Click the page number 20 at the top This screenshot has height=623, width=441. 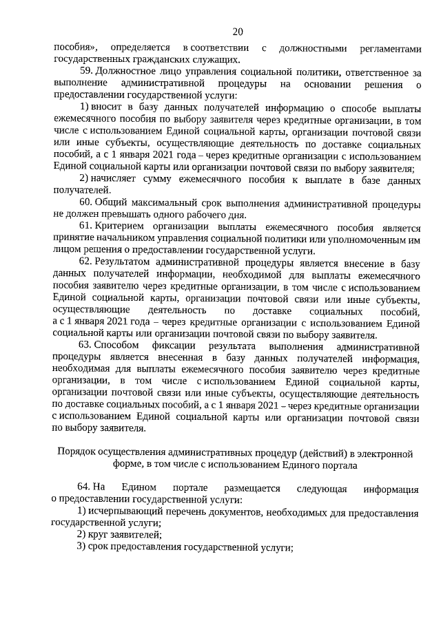pos(238,31)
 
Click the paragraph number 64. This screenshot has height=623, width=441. pos(85,489)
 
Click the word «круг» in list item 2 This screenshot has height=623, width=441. pos(98,536)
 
